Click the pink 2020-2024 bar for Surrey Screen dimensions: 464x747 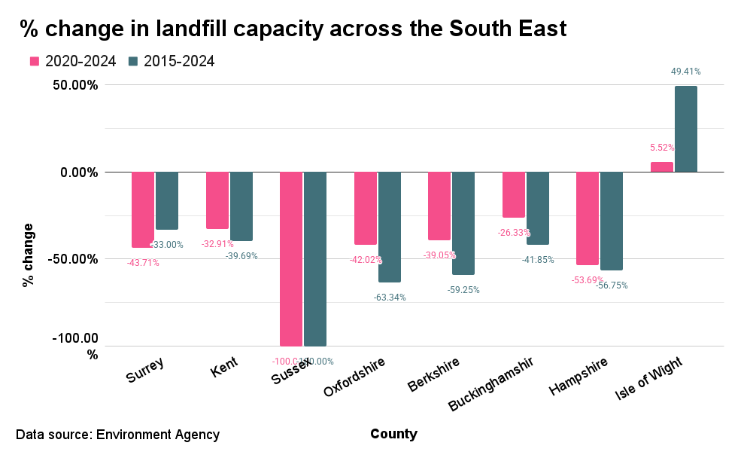click(143, 209)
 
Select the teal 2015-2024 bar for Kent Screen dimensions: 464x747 click(241, 206)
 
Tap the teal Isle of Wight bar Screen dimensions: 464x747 click(685, 129)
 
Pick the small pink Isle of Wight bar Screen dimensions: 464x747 click(661, 166)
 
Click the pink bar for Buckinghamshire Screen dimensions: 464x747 click(514, 194)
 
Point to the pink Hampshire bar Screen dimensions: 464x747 click(588, 218)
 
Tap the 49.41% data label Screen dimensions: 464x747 click(685, 72)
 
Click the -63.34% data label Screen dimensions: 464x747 click(390, 297)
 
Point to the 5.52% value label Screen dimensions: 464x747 click(662, 148)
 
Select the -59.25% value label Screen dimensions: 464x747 click(463, 289)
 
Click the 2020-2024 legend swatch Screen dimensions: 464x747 click(34, 62)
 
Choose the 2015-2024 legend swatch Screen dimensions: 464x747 click(133, 62)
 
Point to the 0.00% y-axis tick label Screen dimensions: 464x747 click(77, 172)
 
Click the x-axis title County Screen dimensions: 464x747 click(393, 434)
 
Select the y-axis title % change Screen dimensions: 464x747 click(29, 255)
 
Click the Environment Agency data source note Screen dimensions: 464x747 click(117, 435)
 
